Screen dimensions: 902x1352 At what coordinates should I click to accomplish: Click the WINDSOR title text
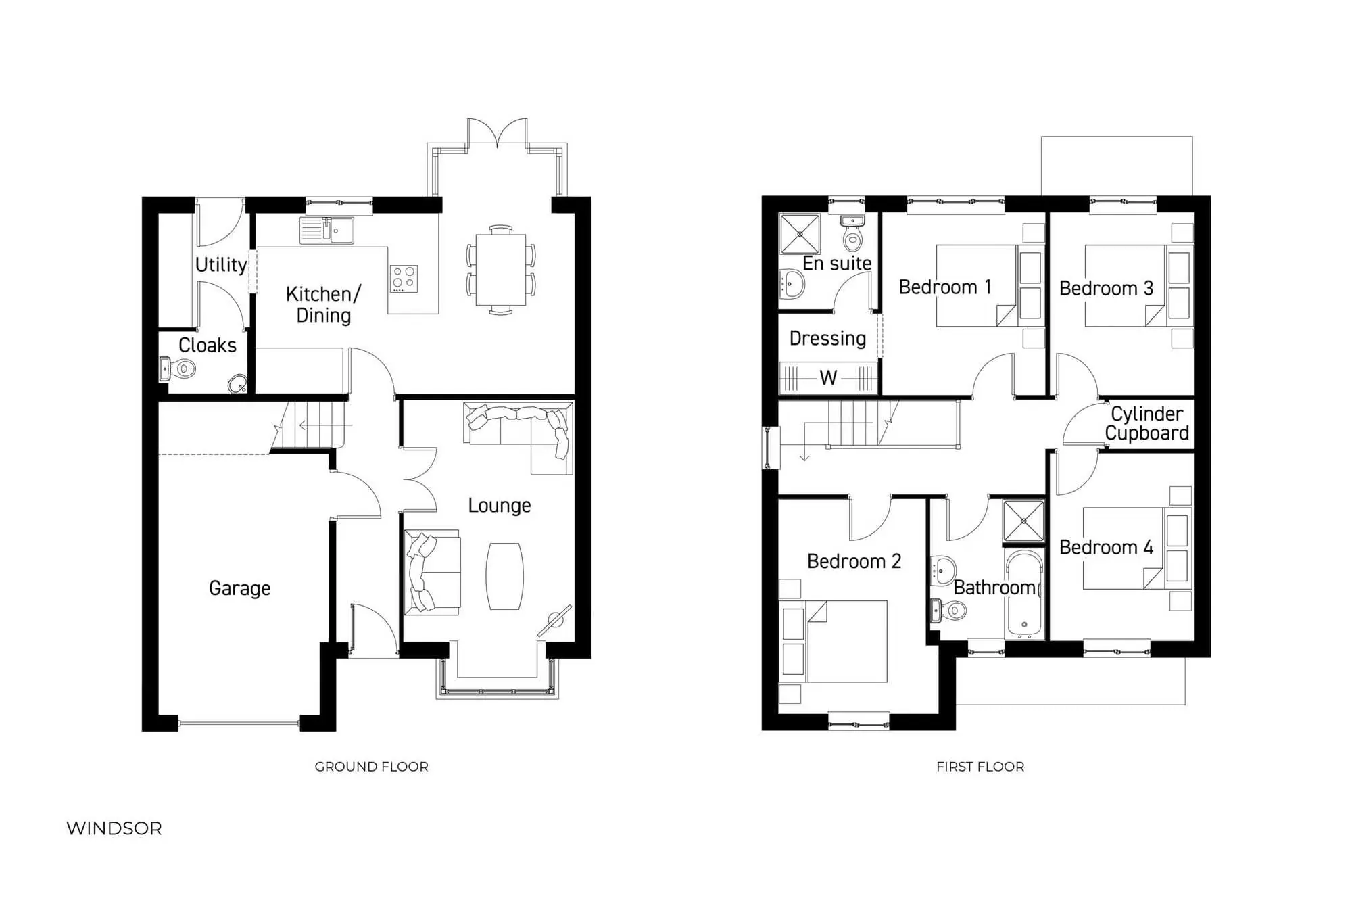point(114,828)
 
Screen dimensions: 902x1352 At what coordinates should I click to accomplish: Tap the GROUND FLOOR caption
point(371,767)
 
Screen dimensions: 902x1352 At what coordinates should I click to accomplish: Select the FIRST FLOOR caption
point(980,767)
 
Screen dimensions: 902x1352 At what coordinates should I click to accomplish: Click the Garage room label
point(239,588)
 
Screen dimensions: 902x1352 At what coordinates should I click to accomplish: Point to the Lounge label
point(499,505)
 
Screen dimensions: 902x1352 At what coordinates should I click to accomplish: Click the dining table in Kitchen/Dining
point(500,269)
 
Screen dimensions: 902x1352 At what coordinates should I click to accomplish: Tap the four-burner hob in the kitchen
point(404,279)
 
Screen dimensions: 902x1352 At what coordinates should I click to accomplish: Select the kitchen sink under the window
point(327,230)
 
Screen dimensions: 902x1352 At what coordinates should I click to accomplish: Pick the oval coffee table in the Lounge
point(504,576)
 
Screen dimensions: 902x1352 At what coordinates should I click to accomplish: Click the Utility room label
point(220,264)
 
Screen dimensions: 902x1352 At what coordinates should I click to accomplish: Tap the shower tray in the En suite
point(800,234)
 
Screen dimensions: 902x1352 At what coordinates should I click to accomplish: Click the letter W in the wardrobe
point(828,377)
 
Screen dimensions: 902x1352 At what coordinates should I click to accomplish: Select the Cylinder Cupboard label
point(1146,423)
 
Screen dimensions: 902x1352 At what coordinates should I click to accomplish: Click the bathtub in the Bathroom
point(1024,595)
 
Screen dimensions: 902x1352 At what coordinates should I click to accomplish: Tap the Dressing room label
point(827,338)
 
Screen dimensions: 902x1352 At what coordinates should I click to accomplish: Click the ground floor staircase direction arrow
point(318,425)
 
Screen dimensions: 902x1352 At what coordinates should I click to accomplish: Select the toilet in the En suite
point(853,235)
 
